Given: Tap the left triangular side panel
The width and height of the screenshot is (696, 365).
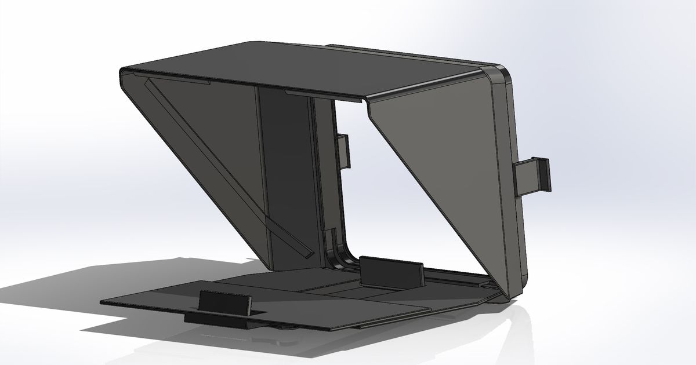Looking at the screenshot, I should click(197, 151).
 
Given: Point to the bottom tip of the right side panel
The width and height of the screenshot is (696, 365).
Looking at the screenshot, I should click(508, 298).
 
